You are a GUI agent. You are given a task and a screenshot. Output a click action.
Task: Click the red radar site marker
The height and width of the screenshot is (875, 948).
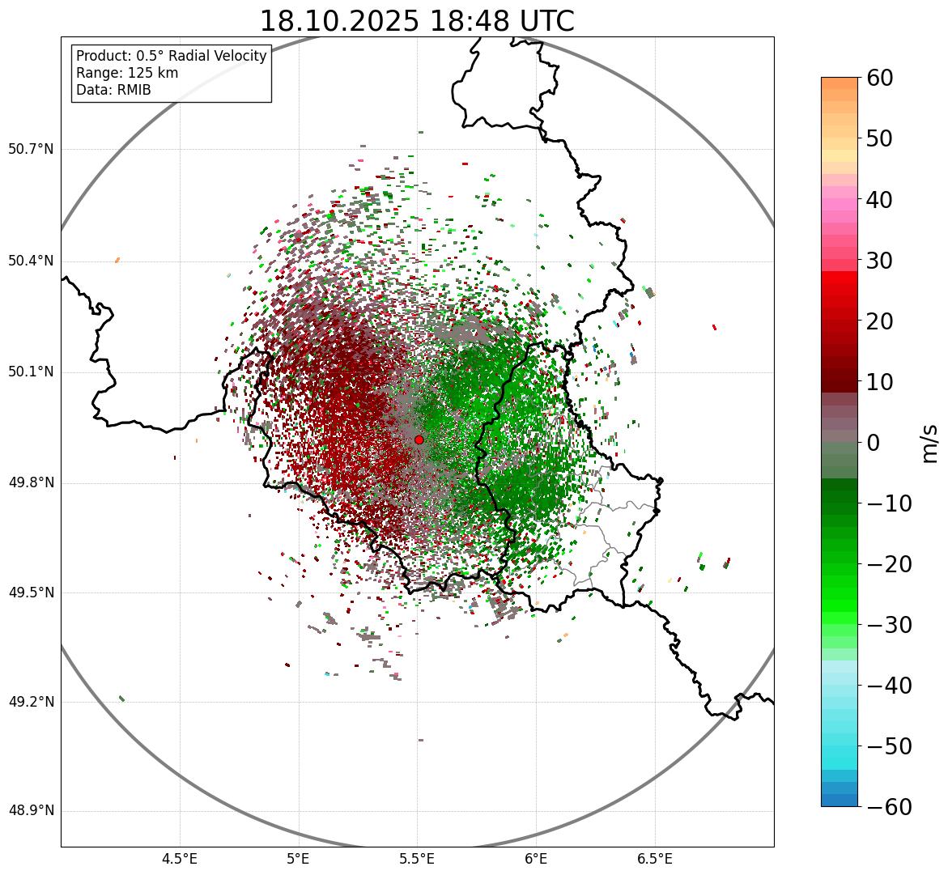pos(419,440)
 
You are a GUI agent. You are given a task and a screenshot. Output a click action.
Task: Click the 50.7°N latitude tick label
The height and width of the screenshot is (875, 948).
pos(31,150)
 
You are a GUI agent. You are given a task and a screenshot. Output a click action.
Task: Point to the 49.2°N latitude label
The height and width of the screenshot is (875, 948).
pos(31,702)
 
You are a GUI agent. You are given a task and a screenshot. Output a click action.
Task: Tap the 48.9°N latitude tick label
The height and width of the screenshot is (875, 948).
pos(31,811)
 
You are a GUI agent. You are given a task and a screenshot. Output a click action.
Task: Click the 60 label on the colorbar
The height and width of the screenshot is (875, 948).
pos(880,78)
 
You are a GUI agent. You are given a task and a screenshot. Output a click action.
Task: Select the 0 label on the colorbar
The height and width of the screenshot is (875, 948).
pos(874,443)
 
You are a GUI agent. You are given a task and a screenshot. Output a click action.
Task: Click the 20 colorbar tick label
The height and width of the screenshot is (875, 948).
pos(880,321)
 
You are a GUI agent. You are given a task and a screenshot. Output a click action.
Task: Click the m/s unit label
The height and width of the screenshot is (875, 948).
pos(931,443)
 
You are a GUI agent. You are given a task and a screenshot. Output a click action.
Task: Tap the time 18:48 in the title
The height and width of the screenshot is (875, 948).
pos(470,21)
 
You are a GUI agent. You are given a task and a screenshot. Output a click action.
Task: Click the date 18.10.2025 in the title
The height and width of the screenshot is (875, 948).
pos(339,21)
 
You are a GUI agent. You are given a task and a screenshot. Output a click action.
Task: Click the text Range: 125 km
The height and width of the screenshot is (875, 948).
pos(127,73)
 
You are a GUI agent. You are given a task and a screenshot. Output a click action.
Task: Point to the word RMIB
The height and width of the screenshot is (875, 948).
pos(133,90)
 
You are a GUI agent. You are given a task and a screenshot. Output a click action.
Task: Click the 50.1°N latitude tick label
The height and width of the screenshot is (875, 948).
pos(31,372)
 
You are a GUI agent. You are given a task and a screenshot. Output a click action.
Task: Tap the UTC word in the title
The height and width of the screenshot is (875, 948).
pos(546,21)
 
